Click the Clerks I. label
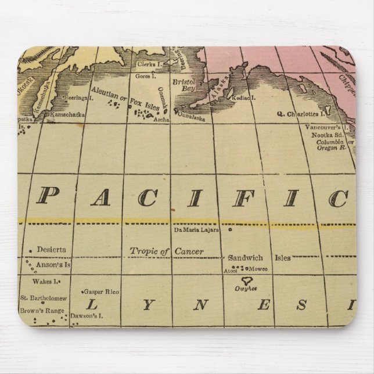[145, 64]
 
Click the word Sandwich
[246, 257]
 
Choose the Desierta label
[51, 250]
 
